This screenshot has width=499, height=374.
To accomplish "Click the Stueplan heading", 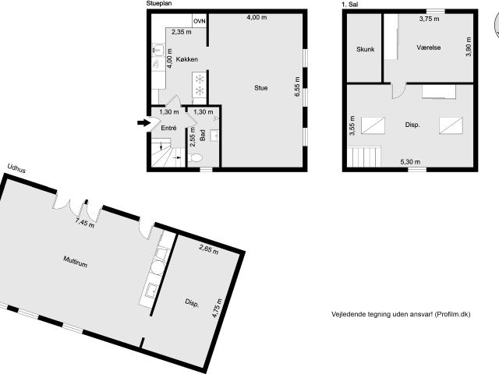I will (x=158, y=4).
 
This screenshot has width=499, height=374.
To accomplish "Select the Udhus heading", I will (x=16, y=168).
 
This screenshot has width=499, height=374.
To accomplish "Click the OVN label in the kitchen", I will (x=200, y=19).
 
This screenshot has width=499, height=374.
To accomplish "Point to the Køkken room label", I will (x=186, y=59).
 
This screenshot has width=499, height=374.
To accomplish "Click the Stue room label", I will (x=260, y=88).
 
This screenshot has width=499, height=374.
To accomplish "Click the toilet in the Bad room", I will (x=196, y=157).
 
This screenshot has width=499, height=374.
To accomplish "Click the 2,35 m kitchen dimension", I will (x=182, y=32).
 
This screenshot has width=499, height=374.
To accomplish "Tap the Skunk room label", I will (x=365, y=49).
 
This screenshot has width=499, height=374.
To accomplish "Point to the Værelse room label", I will (x=428, y=48).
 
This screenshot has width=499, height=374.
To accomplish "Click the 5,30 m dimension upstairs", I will (x=410, y=161).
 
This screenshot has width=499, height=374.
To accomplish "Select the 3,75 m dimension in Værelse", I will (x=429, y=18).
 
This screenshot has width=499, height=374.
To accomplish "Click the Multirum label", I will (x=76, y=264).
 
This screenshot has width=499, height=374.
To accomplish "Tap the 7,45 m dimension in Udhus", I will (x=84, y=223).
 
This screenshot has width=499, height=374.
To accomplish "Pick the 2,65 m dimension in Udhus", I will (x=208, y=251).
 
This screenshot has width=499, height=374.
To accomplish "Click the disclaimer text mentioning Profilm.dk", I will (x=401, y=314).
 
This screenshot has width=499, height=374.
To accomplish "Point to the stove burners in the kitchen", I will (x=199, y=85).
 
